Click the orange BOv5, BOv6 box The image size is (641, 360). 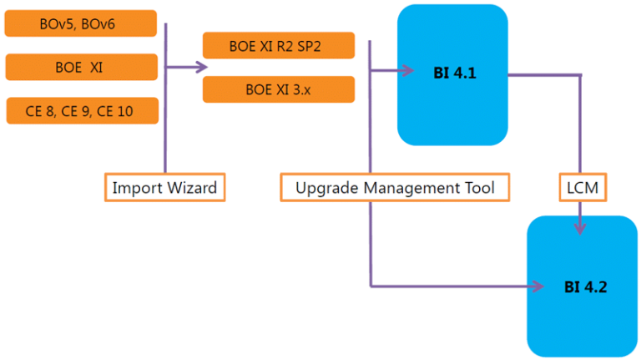click(x=81, y=24)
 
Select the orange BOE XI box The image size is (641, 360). click(x=81, y=68)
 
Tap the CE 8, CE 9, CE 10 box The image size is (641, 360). click(x=81, y=110)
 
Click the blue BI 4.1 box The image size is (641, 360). click(x=452, y=74)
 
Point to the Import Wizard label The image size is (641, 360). click(x=164, y=188)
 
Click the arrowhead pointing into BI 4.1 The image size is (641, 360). click(x=408, y=68)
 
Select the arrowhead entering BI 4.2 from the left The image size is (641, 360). click(x=537, y=286)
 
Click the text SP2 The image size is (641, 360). click(x=318, y=46)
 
